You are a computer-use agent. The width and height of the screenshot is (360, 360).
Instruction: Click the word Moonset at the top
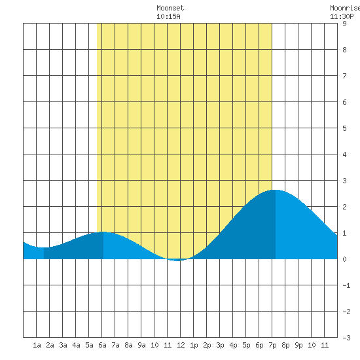[x=170, y=8]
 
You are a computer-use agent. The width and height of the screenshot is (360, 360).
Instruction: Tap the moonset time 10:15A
[x=168, y=16]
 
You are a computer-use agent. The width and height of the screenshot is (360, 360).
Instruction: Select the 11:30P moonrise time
[x=342, y=16]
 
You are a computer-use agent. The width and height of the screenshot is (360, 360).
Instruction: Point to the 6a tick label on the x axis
[x=102, y=345]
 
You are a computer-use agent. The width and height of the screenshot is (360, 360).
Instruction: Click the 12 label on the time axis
[x=181, y=345]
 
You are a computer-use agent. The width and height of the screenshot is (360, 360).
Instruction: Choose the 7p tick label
[x=272, y=345]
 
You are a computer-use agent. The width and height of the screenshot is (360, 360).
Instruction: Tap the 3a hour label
[x=63, y=345]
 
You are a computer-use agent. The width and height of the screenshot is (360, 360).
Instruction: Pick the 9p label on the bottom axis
[x=298, y=345]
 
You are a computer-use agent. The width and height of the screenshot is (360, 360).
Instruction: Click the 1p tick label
[x=194, y=345]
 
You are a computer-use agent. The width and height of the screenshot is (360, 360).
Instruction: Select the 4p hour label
[x=233, y=345]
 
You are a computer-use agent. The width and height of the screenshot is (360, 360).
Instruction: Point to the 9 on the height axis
[x=344, y=24]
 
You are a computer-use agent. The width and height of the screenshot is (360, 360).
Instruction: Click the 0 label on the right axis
[x=344, y=259]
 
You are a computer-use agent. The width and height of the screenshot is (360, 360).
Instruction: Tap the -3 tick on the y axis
[x=346, y=338]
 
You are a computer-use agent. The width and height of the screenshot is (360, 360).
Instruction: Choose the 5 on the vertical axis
[x=344, y=128]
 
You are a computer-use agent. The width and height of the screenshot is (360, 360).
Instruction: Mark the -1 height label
[x=346, y=285]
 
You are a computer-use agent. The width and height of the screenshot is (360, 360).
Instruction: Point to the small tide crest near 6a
[x=103, y=232]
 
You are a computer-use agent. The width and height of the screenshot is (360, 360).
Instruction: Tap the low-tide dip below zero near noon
[x=177, y=261]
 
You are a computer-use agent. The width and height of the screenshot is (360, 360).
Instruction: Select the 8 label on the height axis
[x=344, y=50]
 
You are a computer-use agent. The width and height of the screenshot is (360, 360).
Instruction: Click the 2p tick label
[x=207, y=345]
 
